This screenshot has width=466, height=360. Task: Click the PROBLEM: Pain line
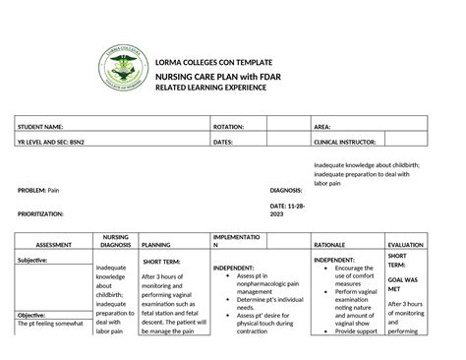(39, 189)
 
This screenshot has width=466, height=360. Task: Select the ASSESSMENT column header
(47, 244)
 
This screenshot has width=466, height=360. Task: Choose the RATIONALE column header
(329, 244)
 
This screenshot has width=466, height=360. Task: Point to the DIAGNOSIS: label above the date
(285, 189)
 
